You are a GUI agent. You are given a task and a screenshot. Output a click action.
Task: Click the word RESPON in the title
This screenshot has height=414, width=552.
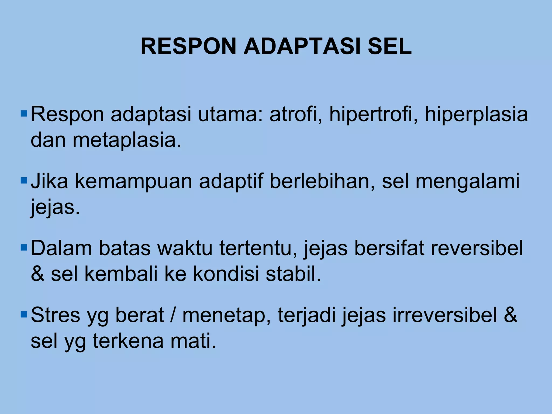pos(188,46)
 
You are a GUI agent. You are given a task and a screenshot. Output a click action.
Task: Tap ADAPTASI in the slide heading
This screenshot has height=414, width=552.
pos(302,46)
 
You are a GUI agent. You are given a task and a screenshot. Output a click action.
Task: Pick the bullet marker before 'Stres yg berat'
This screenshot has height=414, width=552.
pos(24,314)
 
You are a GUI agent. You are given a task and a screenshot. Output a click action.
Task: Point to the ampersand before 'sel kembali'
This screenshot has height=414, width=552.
pos(37,274)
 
